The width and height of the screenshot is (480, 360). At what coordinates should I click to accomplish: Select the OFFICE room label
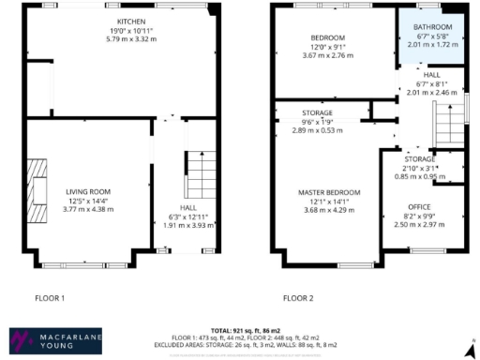[x=418, y=206]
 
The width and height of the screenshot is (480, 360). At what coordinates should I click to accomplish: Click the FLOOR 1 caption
[x=49, y=299]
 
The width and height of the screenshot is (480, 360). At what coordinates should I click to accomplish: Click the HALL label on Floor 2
[x=432, y=75]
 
